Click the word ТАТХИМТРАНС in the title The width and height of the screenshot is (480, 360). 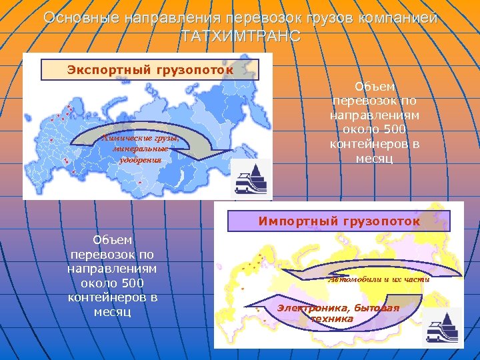[240, 36]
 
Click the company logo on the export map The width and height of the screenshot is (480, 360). [251, 178]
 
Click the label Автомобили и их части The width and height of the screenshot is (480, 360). [379, 279]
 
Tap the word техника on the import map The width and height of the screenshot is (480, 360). [331, 319]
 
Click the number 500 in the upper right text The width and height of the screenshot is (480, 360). [395, 129]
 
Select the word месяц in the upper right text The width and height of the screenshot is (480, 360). [375, 159]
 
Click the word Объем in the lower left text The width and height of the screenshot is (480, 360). [112, 239]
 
